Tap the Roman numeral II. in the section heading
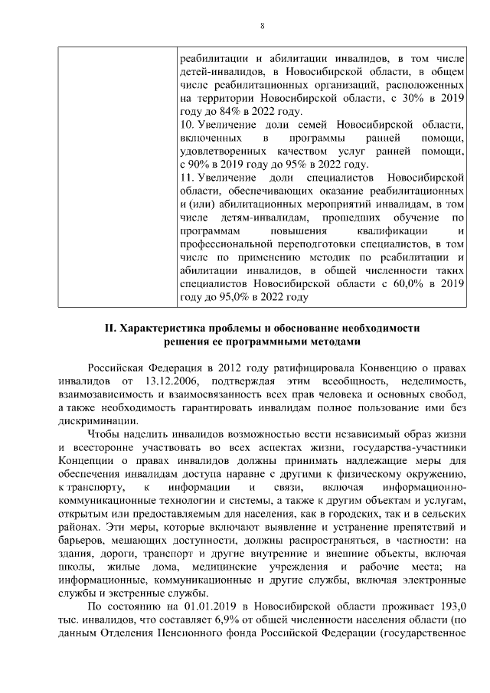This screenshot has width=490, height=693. (110, 327)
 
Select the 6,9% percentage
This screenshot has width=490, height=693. (200, 619)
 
